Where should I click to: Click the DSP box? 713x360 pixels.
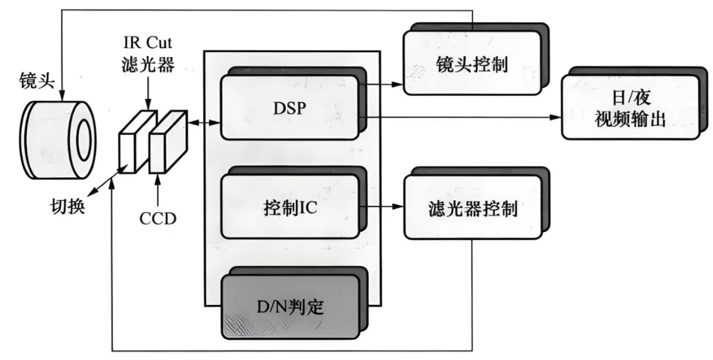pyautogui.click(x=289, y=107)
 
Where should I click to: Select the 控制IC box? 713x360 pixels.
pyautogui.click(x=289, y=206)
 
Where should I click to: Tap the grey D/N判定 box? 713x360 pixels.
pyautogui.click(x=290, y=307)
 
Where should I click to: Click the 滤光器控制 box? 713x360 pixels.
pyautogui.click(x=471, y=209)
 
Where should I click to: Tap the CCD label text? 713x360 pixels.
pyautogui.click(x=158, y=217)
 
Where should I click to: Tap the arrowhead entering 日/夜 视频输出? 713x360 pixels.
pyautogui.click(x=557, y=117)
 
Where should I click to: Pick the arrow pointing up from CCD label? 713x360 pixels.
pyautogui.click(x=159, y=188)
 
